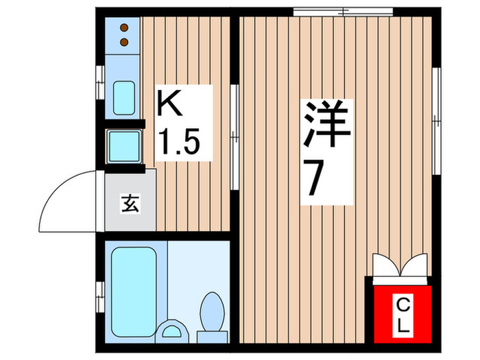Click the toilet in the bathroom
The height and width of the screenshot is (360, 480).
pyautogui.click(x=212, y=313)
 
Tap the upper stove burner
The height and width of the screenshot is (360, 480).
pyautogui.click(x=125, y=29)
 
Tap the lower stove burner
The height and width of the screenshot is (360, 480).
pyautogui.click(x=125, y=43)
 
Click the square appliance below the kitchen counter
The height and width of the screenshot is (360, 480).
pyautogui.click(x=124, y=145)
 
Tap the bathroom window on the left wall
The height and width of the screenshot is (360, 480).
pyautogui.click(x=101, y=291)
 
